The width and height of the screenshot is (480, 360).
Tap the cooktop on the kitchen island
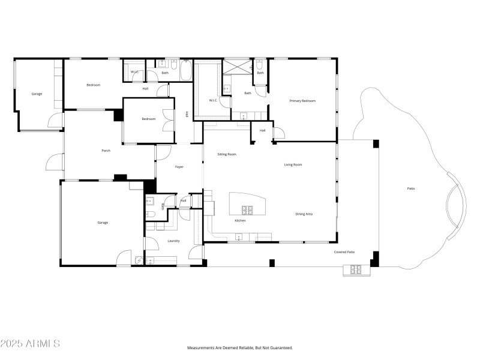pos(247,209)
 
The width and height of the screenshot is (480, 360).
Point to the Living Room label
pos(293,164)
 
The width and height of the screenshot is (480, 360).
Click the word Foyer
pos(179,167)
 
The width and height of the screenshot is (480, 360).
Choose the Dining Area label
pos(304,214)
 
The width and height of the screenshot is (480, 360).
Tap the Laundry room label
pos(174,241)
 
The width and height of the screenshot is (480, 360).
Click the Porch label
pos(106,151)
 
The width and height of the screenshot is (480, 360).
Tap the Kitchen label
pos(240,221)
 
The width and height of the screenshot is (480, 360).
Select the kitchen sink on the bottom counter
pos(239,238)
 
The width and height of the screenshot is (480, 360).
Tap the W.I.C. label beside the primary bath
pos(213,100)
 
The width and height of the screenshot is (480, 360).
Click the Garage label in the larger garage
pos(103,223)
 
